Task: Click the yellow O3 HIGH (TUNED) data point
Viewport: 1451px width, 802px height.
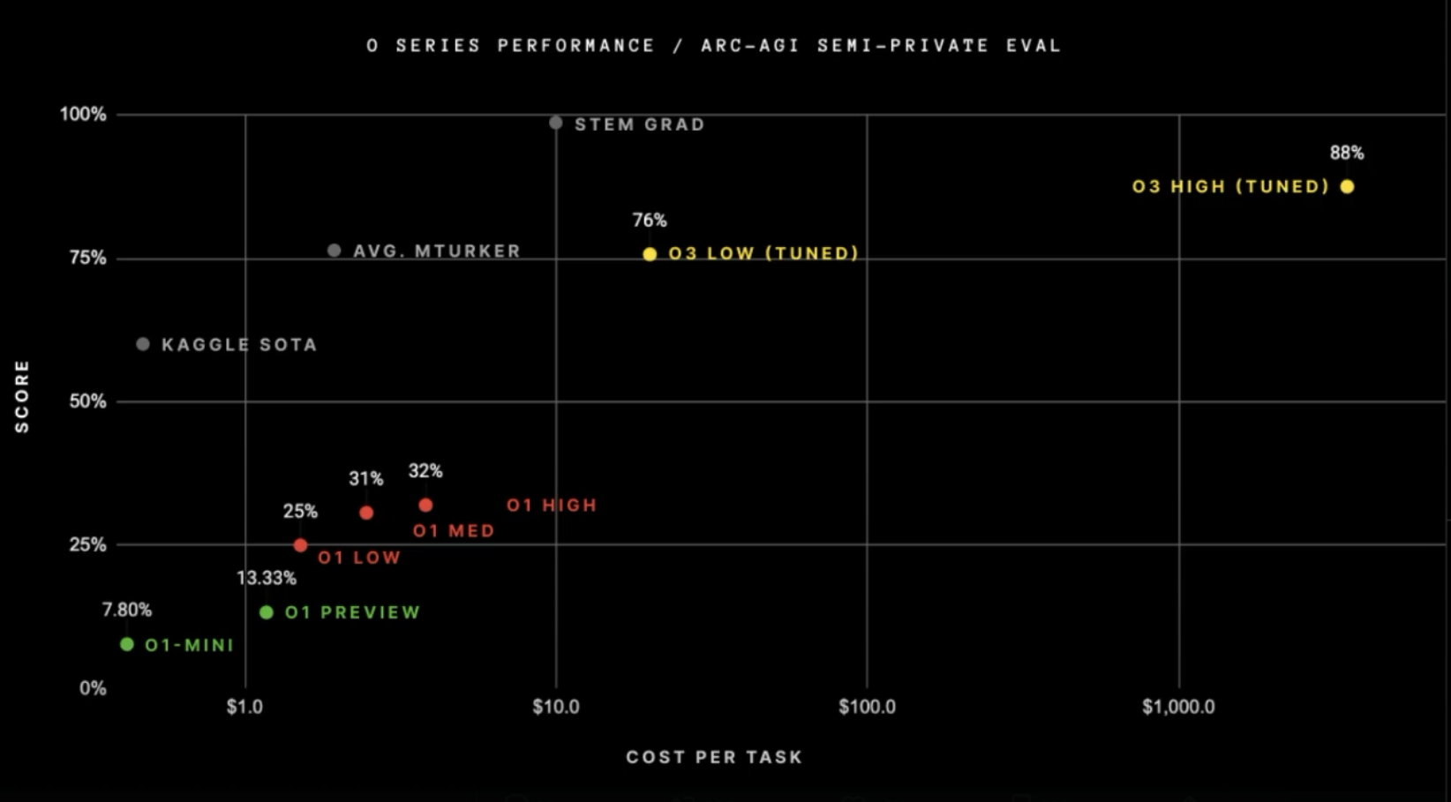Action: coord(1347,186)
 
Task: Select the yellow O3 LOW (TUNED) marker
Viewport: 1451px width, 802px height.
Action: coord(650,254)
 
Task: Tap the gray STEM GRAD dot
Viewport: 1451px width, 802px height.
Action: coord(555,123)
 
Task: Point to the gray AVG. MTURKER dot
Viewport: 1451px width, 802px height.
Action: coord(334,251)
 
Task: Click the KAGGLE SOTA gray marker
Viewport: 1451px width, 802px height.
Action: coord(143,344)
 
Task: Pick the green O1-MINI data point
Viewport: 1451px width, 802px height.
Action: coord(127,645)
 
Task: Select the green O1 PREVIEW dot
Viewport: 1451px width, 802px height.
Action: coord(267,612)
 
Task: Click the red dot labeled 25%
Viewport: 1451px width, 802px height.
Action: coord(300,545)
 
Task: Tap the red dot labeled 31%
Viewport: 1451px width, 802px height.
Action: coord(366,513)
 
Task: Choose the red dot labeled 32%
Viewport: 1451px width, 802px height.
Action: coord(425,506)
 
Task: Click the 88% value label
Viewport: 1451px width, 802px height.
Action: coord(1347,153)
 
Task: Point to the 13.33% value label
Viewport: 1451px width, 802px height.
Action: coord(267,578)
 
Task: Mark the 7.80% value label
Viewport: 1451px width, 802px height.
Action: coord(127,610)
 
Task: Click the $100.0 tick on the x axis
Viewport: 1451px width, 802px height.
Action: coord(867,707)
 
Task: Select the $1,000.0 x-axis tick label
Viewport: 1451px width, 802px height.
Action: coord(1178,707)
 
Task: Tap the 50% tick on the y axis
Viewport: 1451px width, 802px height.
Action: coord(87,401)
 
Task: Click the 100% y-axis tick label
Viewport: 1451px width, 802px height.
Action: coord(83,114)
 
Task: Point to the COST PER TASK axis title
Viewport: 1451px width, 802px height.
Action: coord(714,757)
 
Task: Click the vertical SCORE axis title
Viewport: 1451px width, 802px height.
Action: coord(22,396)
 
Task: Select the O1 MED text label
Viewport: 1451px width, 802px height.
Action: coord(454,531)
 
